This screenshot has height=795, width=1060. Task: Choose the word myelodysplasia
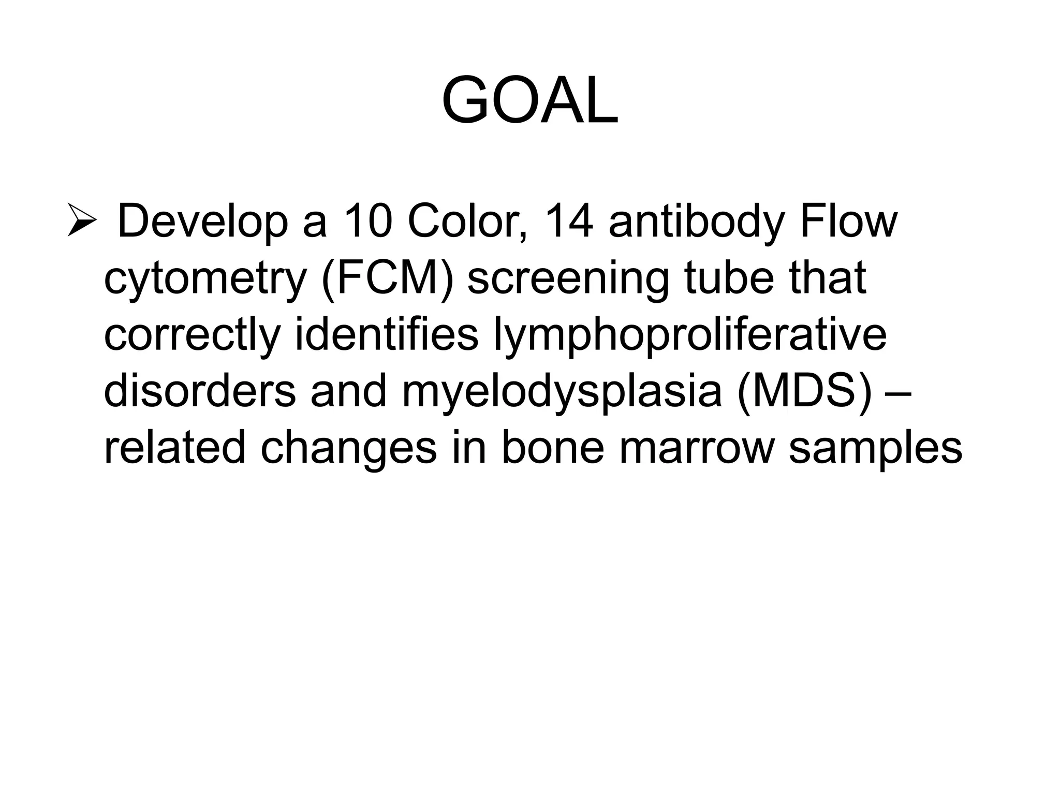(x=562, y=392)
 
